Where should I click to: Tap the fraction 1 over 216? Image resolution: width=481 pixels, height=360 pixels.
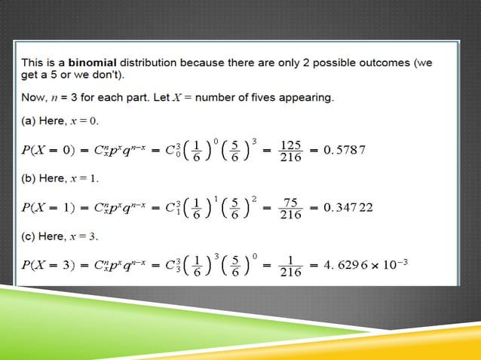coord(290,265)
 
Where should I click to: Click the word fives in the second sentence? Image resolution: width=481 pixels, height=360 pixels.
coord(268,97)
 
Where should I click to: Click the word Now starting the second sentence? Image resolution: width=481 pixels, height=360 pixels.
coord(35,97)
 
